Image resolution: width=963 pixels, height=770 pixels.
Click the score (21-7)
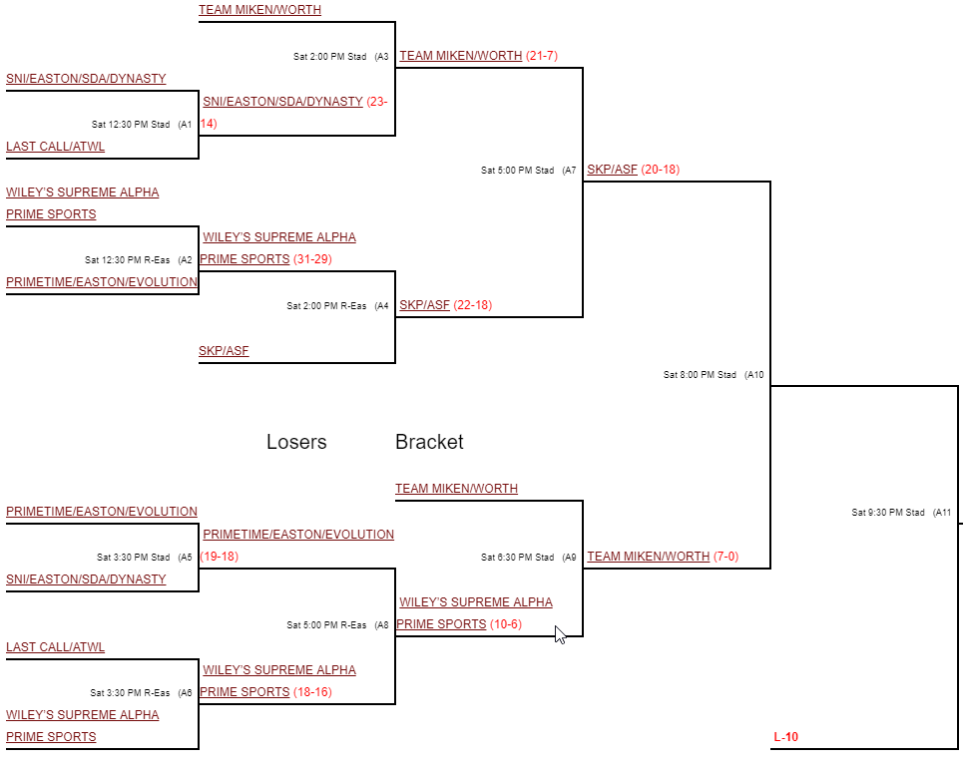pyautogui.click(x=541, y=56)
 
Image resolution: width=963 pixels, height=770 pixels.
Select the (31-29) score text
pyautogui.click(x=312, y=259)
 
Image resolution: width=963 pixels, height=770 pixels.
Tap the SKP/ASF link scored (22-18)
pyautogui.click(x=424, y=305)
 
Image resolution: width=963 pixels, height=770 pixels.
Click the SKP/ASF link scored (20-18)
pyautogui.click(x=612, y=170)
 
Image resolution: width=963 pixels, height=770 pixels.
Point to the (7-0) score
pyautogui.click(x=726, y=557)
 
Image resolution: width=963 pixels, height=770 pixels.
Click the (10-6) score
pyautogui.click(x=505, y=624)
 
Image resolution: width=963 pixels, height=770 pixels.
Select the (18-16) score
pyautogui.click(x=312, y=692)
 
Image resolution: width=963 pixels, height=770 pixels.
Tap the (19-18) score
pyautogui.click(x=219, y=557)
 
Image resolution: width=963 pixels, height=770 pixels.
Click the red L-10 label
pyautogui.click(x=785, y=738)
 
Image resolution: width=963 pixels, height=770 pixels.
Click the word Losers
pyautogui.click(x=296, y=442)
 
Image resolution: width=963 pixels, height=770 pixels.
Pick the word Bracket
pyautogui.click(x=429, y=442)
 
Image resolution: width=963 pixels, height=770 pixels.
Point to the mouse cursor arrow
pyautogui.click(x=559, y=633)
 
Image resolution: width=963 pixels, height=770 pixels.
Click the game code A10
pyautogui.click(x=754, y=375)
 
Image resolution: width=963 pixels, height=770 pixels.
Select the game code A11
pyautogui.click(x=942, y=513)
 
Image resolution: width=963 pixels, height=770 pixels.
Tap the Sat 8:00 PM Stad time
pyautogui.click(x=700, y=375)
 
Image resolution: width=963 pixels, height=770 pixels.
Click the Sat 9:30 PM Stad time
pyautogui.click(x=887, y=513)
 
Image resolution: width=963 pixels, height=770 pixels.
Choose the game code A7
pyautogui.click(x=569, y=171)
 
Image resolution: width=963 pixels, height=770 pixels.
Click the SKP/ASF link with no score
pyautogui.click(x=224, y=351)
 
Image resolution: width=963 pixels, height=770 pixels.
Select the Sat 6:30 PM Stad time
pyautogui.click(x=517, y=558)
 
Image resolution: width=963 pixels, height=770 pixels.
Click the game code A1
pyautogui.click(x=185, y=125)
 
